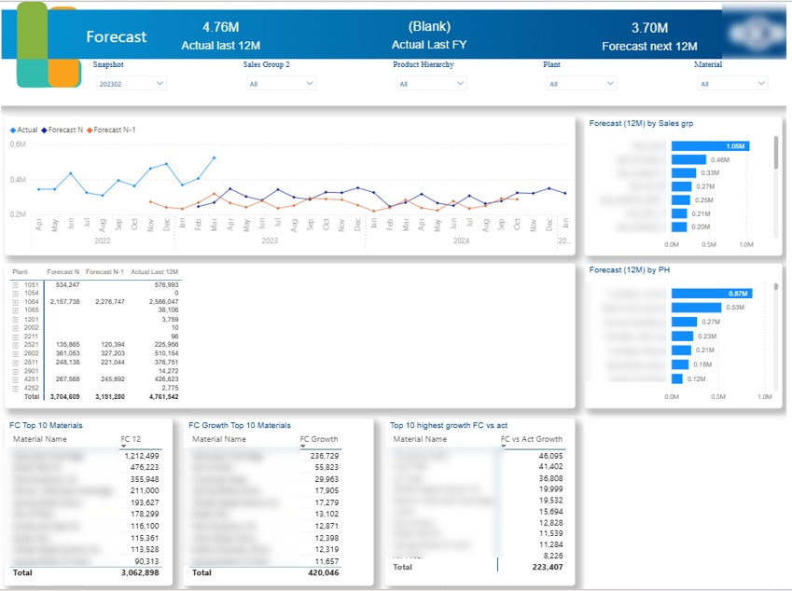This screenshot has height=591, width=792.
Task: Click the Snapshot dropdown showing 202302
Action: pos(131,84)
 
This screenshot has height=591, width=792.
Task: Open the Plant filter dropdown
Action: pos(579,84)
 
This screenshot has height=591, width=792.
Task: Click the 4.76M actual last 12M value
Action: pos(220,27)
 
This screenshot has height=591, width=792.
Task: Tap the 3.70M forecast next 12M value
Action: pos(649,28)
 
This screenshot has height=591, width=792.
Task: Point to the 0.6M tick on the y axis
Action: pos(19,144)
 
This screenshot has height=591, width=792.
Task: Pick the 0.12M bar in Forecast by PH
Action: pos(677,378)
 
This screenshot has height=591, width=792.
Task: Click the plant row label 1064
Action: pos(32,302)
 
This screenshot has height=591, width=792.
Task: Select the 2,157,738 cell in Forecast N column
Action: pos(63,302)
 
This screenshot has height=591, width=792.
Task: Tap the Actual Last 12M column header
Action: pos(154,271)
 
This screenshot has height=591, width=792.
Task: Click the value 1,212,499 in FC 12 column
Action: pos(140,456)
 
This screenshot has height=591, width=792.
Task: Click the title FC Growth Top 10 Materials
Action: pos(240,425)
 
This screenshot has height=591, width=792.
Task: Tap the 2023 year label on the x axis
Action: pos(270,241)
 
